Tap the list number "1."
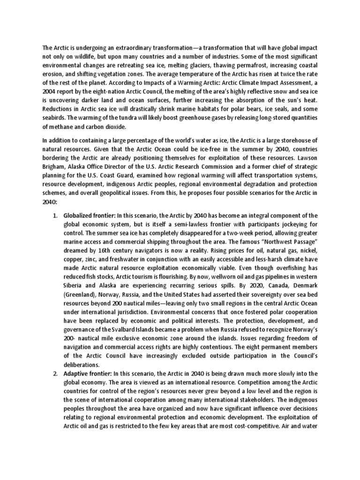point(55,215)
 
